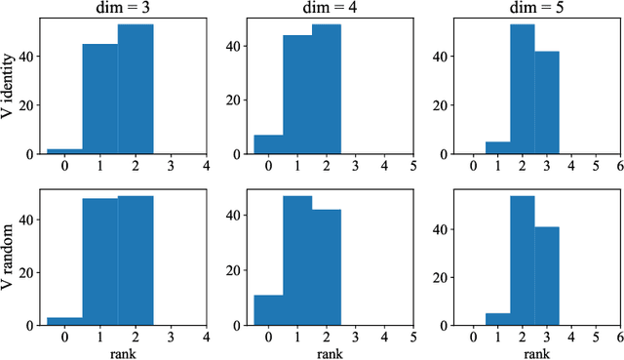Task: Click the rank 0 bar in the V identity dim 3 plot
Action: coord(64,151)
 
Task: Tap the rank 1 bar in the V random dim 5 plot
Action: coord(497,320)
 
